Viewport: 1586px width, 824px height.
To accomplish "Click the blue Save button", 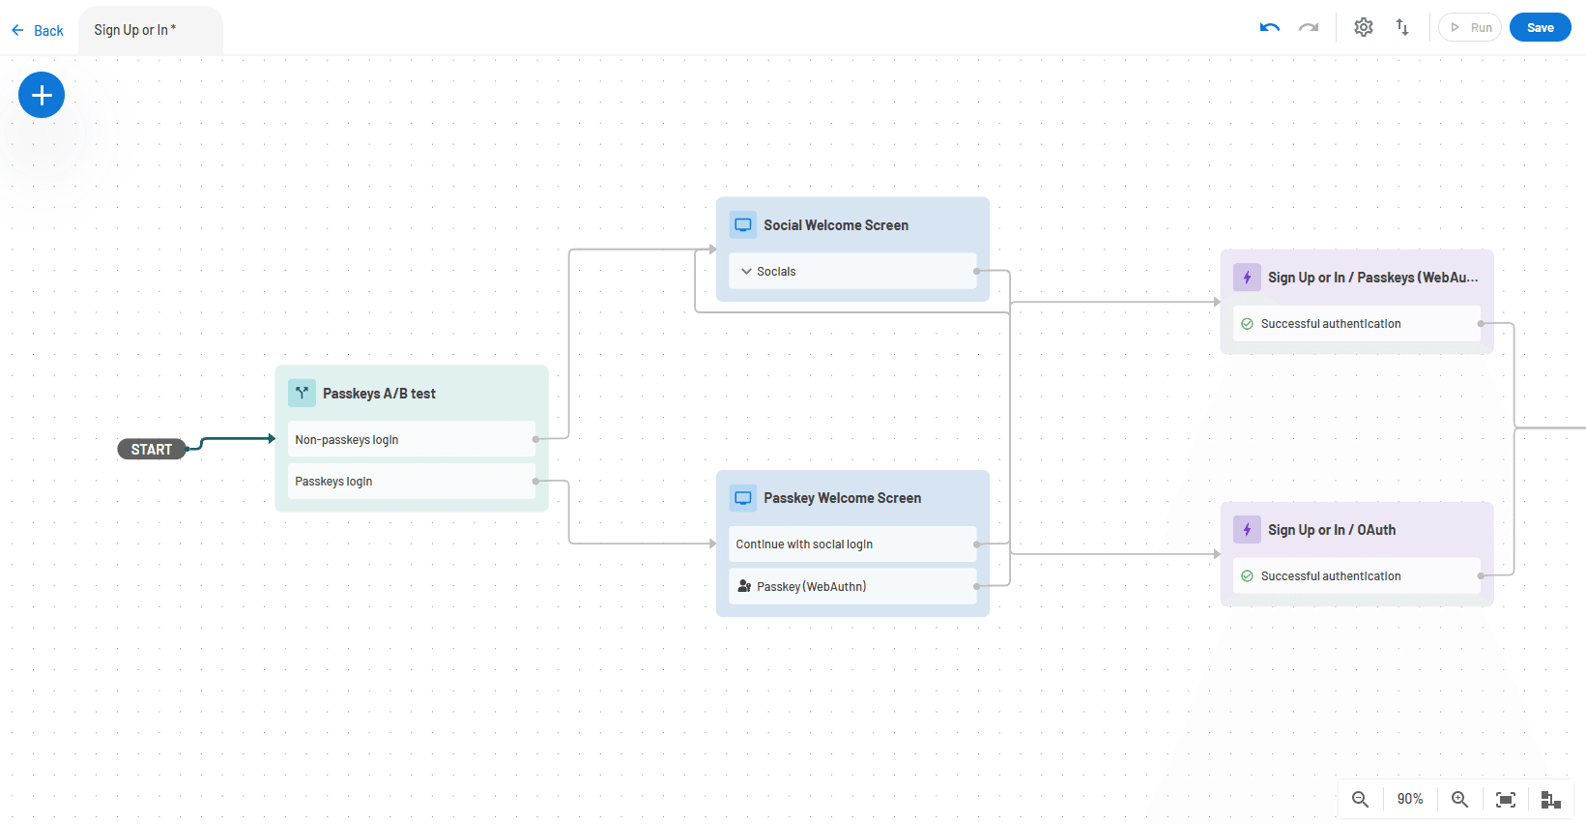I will (x=1540, y=27).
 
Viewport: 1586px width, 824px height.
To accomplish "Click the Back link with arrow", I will (x=38, y=31).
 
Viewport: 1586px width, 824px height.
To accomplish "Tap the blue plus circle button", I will (x=42, y=95).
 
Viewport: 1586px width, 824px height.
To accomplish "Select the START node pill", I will (x=152, y=449).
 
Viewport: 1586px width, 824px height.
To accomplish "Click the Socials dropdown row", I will (x=851, y=271).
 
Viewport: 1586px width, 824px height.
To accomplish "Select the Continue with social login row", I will (x=851, y=544).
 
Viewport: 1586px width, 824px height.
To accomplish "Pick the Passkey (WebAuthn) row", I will (x=851, y=586).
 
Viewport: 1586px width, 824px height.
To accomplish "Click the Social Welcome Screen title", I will (x=836, y=225).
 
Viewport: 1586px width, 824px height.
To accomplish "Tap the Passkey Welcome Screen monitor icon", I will (x=743, y=498).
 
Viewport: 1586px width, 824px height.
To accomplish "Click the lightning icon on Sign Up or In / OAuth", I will (x=1247, y=530).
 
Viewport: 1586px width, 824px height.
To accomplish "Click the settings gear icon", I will (x=1363, y=27).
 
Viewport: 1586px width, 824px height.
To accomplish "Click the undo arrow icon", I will (x=1270, y=27).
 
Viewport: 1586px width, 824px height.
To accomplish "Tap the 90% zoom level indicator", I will (x=1410, y=799).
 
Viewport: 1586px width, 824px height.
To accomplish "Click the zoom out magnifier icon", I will (x=1360, y=799).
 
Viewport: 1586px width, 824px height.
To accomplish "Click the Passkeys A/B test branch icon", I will (x=302, y=393).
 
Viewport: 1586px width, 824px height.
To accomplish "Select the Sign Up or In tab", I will (x=135, y=30).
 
